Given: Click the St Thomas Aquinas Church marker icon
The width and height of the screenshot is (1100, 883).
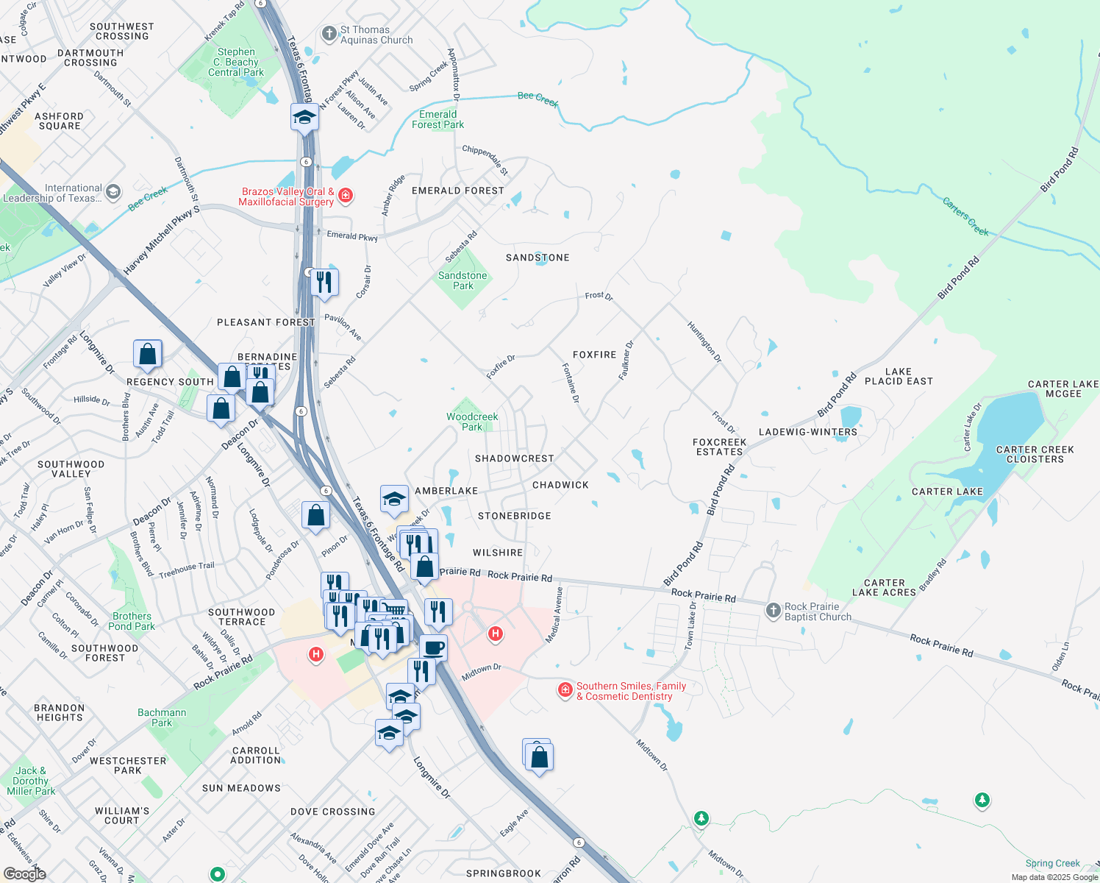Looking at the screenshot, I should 329,34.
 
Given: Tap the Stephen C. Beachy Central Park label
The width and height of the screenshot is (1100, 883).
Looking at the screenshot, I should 236,63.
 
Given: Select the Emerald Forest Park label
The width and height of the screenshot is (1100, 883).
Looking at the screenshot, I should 438,119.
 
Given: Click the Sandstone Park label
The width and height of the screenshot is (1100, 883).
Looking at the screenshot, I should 463,280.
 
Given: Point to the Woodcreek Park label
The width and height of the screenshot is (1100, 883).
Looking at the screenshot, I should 472,422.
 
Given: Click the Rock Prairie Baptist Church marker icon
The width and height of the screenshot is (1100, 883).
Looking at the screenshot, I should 773,610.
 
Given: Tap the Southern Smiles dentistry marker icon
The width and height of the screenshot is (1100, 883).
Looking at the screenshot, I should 565,689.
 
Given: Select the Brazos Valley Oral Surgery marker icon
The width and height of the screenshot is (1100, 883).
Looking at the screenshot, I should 346,195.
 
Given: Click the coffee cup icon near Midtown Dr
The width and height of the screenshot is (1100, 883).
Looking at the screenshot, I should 433,648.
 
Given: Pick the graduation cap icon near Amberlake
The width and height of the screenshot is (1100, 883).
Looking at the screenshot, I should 394,500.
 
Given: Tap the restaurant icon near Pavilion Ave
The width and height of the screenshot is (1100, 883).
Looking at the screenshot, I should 324,282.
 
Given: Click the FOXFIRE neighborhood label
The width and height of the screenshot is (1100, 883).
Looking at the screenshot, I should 594,355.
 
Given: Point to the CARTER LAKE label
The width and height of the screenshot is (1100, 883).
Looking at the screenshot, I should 947,492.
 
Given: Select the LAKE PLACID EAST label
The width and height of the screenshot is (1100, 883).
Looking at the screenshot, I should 899,377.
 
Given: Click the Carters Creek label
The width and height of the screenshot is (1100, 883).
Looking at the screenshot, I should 965,216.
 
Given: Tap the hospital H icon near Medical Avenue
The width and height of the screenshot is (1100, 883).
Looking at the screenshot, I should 496,633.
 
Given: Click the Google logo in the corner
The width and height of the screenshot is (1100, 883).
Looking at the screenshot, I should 25,873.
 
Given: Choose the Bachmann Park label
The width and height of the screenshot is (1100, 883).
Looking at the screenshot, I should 162,717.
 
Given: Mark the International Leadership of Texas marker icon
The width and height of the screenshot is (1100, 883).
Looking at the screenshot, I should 113,192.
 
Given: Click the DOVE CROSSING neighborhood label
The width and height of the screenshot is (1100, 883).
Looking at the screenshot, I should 332,812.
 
